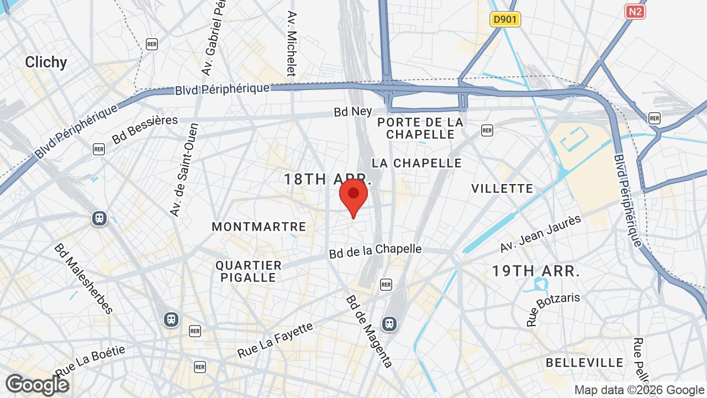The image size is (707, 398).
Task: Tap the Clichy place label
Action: coord(46,62)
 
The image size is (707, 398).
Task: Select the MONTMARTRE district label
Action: coord(258,227)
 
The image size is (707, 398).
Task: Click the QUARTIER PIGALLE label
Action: coord(249,271)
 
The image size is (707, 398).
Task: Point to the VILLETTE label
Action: coord(502,188)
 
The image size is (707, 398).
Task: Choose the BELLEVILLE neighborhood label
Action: coord(584,363)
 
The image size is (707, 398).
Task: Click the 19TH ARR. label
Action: coord(536,271)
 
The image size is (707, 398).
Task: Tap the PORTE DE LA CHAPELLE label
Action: coord(421,128)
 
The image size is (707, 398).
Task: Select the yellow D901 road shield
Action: coord(505,20)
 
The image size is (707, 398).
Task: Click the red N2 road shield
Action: coord(635,12)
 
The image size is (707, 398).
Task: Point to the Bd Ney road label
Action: coord(353,111)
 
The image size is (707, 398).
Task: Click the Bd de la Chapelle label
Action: coord(376,251)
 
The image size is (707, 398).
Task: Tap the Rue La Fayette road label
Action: coord(275,340)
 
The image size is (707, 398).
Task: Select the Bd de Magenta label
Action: coord(369,331)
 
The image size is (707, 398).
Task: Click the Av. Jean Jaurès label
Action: coord(541,234)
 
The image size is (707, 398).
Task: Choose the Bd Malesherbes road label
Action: coord(84,278)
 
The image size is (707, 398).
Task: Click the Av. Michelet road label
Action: coord(292,43)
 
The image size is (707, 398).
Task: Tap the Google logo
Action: coord(37,385)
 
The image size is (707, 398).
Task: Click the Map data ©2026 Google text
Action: coord(639,390)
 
